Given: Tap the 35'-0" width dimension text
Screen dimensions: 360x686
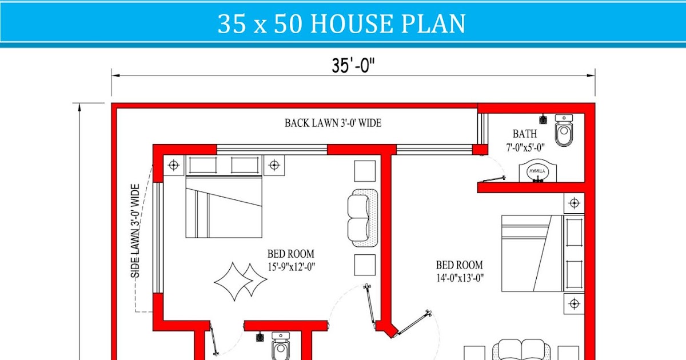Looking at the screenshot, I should (x=353, y=66).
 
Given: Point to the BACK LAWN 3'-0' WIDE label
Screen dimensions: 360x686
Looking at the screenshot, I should (x=333, y=123).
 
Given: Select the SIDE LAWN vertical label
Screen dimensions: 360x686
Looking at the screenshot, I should (x=135, y=230).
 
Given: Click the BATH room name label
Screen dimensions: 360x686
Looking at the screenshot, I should (x=524, y=134).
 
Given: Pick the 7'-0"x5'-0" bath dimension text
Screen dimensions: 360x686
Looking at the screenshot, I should (x=524, y=147).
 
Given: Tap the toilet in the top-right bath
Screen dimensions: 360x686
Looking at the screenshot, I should (x=564, y=130).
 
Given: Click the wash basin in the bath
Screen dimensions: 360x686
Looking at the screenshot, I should (x=537, y=171).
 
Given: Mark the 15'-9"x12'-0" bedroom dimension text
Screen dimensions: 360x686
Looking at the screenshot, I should (x=291, y=266).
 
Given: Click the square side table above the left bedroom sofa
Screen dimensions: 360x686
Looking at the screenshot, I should (x=365, y=171).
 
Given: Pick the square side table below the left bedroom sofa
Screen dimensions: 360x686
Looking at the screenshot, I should (x=365, y=265).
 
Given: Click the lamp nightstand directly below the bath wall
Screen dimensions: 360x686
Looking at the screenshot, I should (x=574, y=203).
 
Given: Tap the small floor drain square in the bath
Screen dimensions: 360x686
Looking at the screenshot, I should (x=543, y=120).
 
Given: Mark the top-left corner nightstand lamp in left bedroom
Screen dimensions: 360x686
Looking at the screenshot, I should (x=174, y=165).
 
